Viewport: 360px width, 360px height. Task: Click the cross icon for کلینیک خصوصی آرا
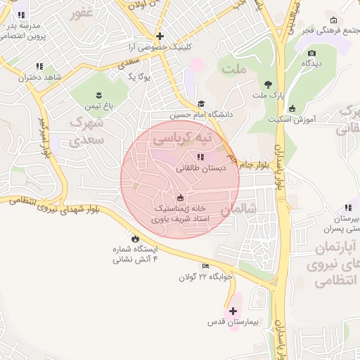pyautogui.click(x=160, y=36)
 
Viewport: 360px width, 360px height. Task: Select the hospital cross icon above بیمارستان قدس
pyautogui.click(x=233, y=310)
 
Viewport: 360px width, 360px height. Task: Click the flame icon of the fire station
pyautogui.click(x=135, y=238)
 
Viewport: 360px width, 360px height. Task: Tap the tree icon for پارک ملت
pyautogui.click(x=267, y=84)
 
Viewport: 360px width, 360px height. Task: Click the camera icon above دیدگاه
pyautogui.click(x=311, y=53)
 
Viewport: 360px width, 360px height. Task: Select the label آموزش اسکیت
pyautogui.click(x=291, y=120)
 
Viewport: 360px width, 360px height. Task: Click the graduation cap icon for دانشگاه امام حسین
pyautogui.click(x=201, y=103)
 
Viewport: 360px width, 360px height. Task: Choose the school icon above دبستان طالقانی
pyautogui.click(x=200, y=157)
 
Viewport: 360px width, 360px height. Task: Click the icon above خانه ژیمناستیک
pyautogui.click(x=180, y=198)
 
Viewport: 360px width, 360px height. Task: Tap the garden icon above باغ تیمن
pyautogui.click(x=99, y=95)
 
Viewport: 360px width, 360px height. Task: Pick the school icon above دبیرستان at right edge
pyautogui.click(x=347, y=207)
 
